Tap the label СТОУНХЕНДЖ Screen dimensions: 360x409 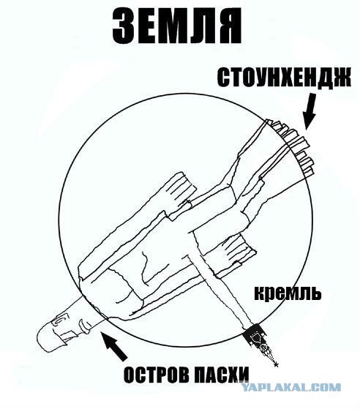pyautogui.click(x=284, y=78)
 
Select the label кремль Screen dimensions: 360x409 pyautogui.click(x=288, y=293)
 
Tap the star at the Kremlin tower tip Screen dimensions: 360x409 pyautogui.click(x=277, y=364)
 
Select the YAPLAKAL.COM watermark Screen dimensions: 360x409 pyautogui.click(x=290, y=387)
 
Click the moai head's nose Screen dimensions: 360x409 pyautogui.click(x=86, y=325)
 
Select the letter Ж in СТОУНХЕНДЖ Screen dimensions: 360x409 pyautogui.click(x=341, y=78)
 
